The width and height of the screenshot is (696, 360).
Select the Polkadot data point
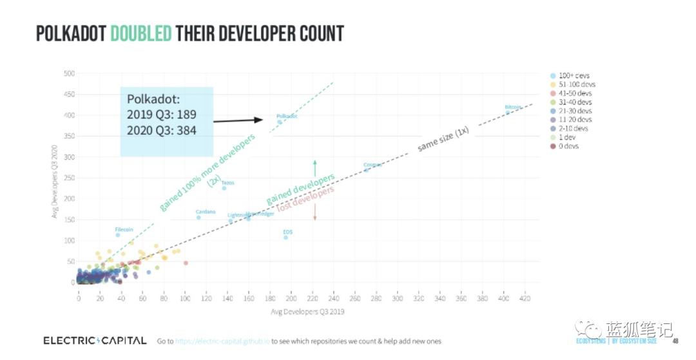pos(280,122)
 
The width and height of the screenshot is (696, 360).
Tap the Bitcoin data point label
pos(514,106)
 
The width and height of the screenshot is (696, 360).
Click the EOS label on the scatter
pos(288,231)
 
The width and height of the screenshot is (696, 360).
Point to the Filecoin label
pos(124,229)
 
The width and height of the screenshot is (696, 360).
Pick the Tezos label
pos(227,182)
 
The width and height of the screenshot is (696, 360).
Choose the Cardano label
pos(205,211)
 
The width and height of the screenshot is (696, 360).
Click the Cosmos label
pos(372,164)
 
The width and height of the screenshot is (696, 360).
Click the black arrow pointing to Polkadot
pos(238,120)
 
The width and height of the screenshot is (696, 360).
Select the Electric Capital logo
pos(95,340)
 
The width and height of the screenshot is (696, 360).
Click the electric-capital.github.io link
pos(222,341)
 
